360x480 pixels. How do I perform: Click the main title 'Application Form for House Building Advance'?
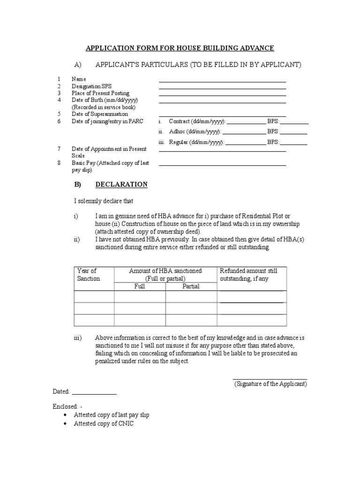coord(180,48)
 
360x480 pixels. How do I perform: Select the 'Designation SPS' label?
coord(92,86)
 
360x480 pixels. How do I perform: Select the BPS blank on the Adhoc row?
coord(294,134)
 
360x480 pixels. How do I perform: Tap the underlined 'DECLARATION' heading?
coord(121,185)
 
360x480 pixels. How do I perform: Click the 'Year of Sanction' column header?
coord(89,275)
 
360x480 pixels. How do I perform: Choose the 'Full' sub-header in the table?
coord(140,286)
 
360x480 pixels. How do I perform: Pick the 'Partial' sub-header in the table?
coord(191,286)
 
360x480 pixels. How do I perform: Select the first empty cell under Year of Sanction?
coord(94,297)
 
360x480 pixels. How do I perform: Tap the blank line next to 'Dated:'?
coord(94,394)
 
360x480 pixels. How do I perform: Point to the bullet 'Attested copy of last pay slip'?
coord(112,415)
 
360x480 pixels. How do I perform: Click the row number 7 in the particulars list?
coord(59,149)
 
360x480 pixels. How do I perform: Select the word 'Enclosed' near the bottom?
coord(65,406)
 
